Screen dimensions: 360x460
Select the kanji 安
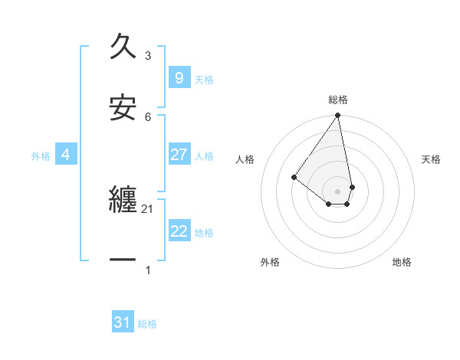point(123,107)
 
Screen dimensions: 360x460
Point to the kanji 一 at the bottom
point(123,260)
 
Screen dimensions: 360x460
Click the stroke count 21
point(148,209)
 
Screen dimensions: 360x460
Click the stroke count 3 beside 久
point(148,56)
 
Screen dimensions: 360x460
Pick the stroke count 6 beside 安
point(148,116)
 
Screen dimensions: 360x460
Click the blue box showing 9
point(179,77)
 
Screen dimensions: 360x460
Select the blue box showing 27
point(179,155)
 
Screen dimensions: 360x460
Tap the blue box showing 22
point(179,231)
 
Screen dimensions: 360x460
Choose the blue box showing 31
point(123,323)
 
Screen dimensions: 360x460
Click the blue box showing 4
point(66,155)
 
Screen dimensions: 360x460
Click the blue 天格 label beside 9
point(204,80)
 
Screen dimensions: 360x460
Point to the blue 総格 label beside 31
point(147,325)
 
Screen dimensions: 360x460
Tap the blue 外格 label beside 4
point(41,156)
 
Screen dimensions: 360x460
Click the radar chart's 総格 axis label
point(338,100)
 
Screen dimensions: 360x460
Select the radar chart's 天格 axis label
point(432,159)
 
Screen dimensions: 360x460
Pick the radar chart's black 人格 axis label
point(245,159)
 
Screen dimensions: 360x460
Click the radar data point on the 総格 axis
point(338,116)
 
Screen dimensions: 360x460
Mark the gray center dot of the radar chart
point(338,191)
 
